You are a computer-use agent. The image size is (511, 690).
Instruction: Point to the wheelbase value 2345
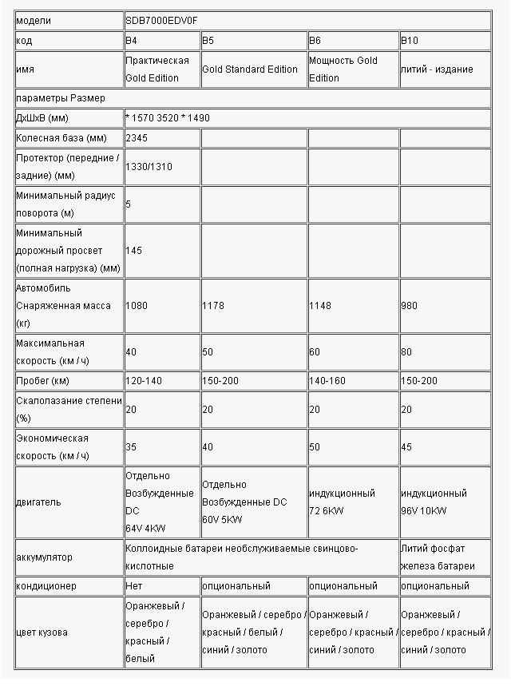pos(137,137)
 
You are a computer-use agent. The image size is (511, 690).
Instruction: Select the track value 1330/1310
pos(149,166)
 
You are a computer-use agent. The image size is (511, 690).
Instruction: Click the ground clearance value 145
pos(133,250)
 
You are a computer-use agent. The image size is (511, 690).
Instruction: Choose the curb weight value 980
pos(409,305)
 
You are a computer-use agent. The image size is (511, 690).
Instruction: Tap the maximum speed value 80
pos(406,351)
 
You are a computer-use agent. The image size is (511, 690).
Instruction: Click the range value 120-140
pos(144,380)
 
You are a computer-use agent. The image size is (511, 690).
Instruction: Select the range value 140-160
pos(327,380)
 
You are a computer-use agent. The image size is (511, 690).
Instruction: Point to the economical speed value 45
pos(406,447)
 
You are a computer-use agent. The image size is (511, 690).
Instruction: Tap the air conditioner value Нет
pos(134,586)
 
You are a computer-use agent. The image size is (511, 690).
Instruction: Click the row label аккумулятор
pos(44,557)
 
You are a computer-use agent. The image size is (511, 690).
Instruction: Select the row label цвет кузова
pos(42,632)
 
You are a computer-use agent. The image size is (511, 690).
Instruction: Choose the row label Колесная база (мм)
pos(61,137)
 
